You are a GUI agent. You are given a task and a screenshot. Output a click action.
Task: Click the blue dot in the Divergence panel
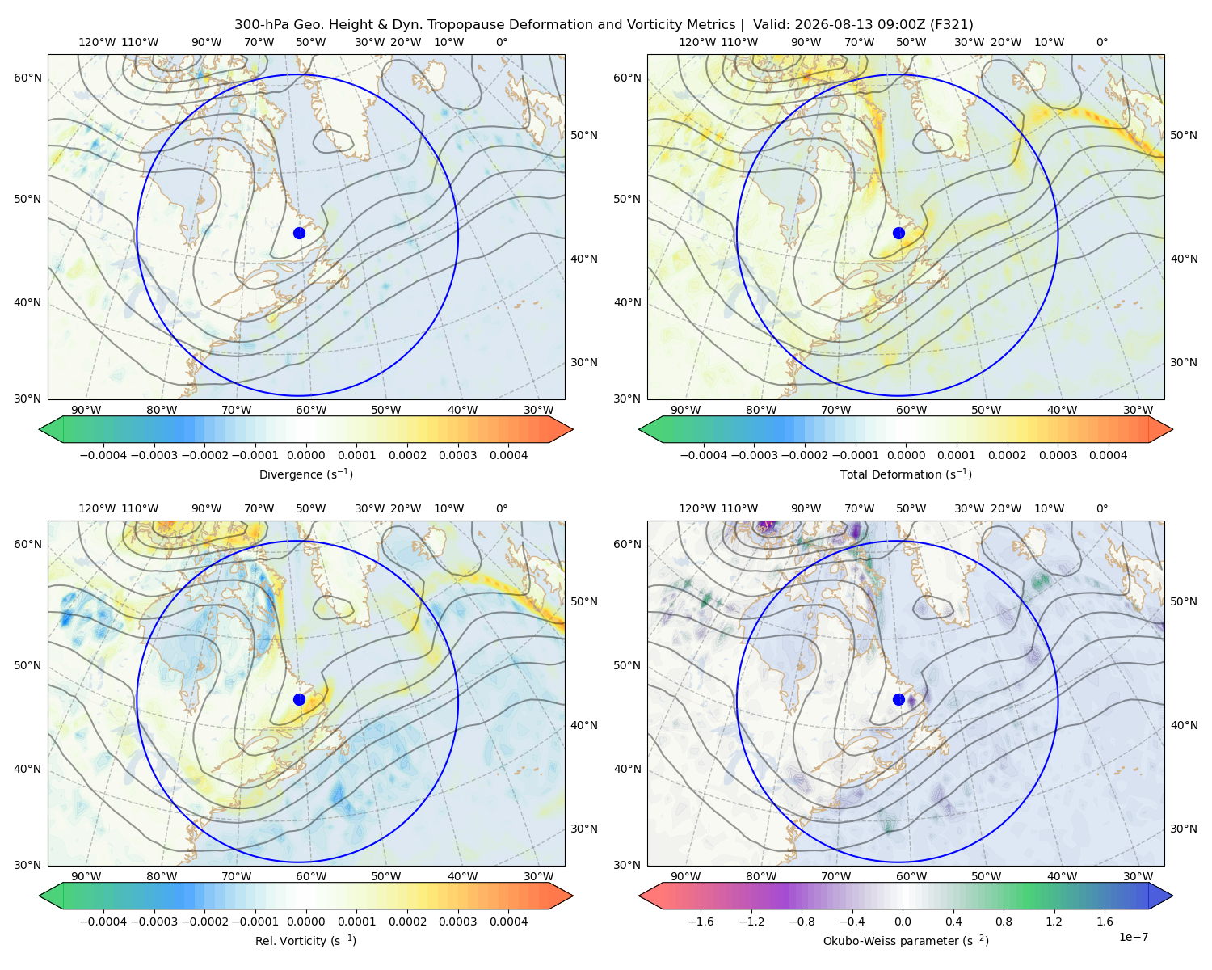(299, 233)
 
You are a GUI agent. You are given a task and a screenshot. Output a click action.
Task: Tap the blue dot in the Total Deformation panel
(898, 233)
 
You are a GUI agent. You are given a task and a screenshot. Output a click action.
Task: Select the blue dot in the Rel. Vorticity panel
(299, 699)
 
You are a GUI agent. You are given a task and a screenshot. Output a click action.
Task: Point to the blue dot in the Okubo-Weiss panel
(898, 699)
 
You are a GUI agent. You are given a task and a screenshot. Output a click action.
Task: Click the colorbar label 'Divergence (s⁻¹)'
(305, 474)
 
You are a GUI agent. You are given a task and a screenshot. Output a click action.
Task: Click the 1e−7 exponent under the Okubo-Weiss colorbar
(1133, 937)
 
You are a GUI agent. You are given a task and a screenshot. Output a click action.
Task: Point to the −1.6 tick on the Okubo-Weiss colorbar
(701, 921)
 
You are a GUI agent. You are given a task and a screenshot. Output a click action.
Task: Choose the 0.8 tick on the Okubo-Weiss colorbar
(1004, 921)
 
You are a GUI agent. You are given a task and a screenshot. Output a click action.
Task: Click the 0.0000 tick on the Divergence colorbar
(305, 455)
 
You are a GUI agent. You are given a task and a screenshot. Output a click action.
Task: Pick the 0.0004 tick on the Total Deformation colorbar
(1108, 455)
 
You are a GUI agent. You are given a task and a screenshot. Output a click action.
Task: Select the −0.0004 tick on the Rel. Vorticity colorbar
(103, 921)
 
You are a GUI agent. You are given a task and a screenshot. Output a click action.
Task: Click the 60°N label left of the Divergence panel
(27, 78)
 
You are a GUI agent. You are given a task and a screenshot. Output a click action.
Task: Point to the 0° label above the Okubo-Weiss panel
(1101, 508)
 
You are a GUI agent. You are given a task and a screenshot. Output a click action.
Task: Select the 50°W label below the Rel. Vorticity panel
(385, 876)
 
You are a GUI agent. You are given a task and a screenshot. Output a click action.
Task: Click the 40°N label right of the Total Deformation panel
(1184, 259)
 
